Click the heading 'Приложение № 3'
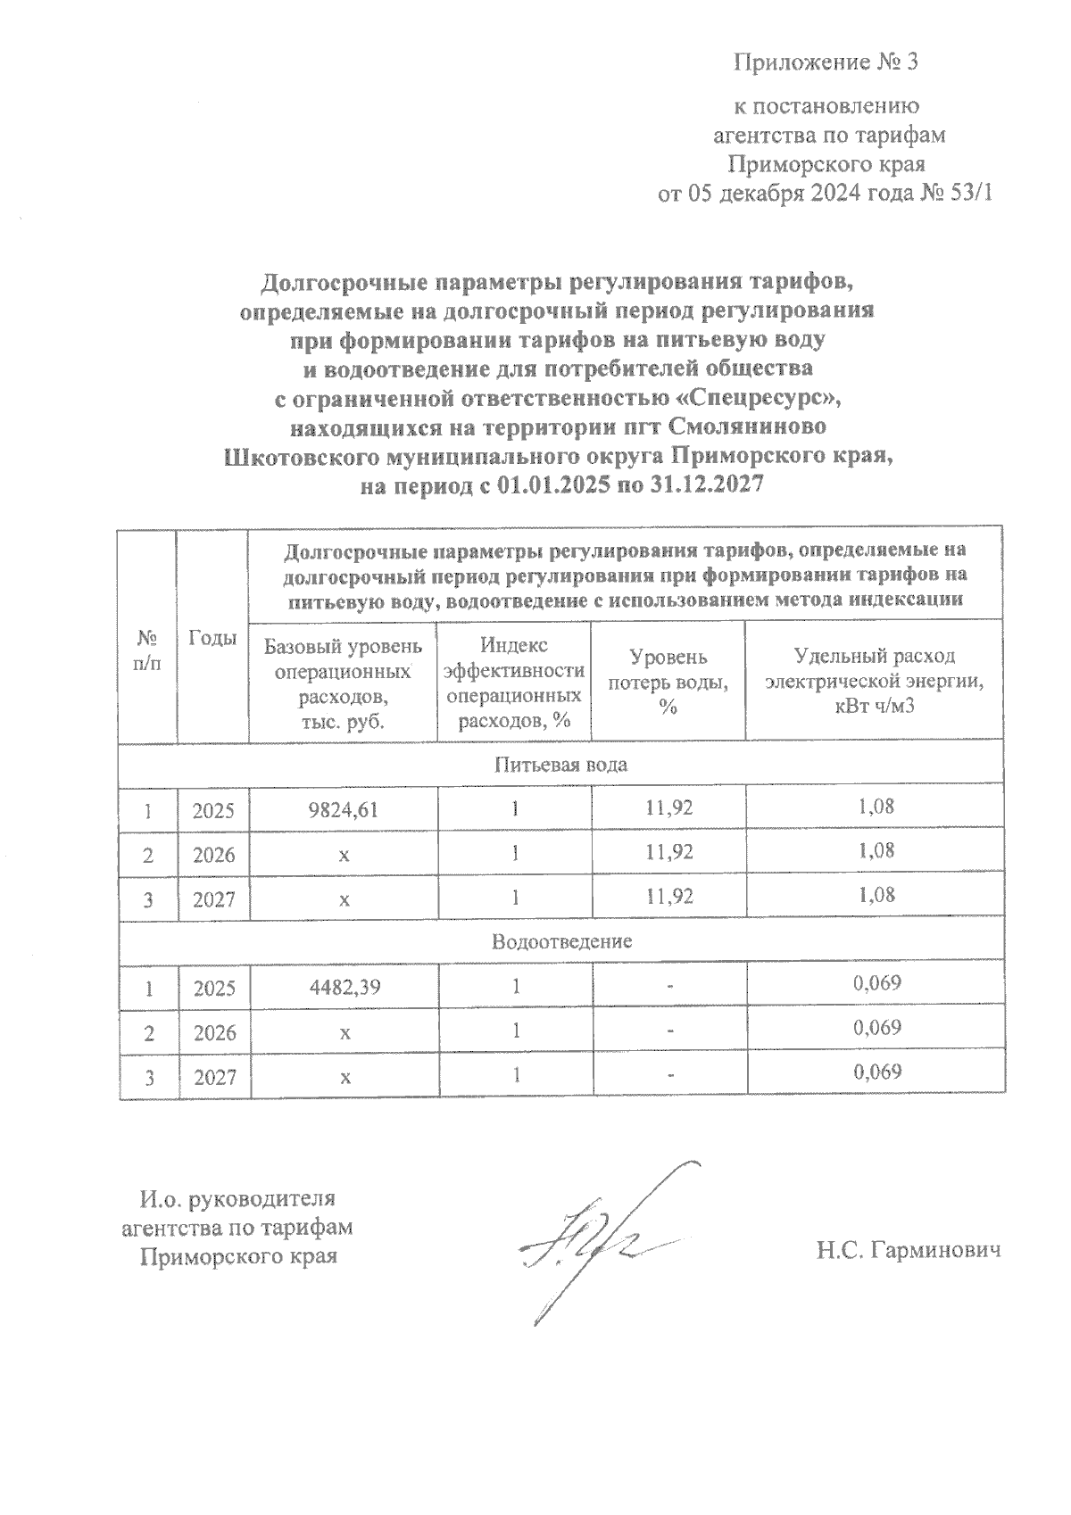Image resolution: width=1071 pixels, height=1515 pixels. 826,62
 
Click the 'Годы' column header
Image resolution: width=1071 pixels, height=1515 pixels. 213,638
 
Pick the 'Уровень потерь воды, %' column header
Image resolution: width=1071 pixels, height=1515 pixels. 668,681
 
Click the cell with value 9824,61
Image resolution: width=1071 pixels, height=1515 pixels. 344,810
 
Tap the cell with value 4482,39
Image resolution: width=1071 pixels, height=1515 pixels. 344,988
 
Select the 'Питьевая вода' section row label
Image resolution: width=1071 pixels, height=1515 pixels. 560,765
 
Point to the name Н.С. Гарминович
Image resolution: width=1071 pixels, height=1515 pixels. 909,1251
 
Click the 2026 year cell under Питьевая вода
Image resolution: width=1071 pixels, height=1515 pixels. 214,855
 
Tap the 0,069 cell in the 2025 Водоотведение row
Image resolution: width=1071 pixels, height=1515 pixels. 876,984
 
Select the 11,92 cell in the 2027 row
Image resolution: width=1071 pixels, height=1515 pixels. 668,896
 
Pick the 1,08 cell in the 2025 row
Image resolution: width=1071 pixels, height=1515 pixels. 876,807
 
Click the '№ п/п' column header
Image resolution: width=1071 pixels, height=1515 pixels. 148,651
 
